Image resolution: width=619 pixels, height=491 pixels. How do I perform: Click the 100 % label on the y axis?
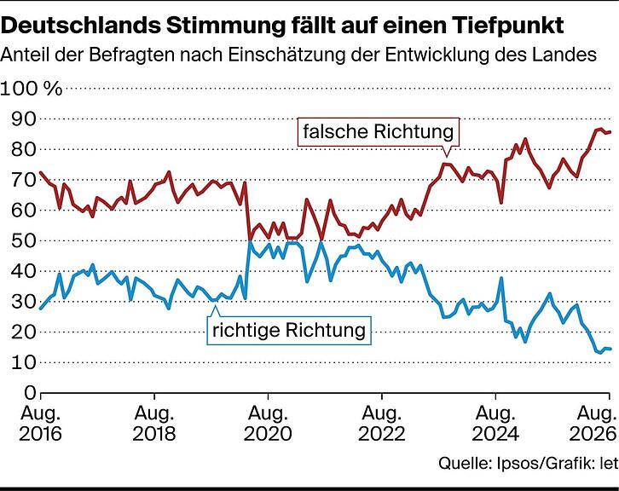[32, 89]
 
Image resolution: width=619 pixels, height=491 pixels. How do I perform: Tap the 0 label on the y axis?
[30, 392]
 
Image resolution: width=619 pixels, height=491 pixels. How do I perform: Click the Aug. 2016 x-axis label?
[41, 424]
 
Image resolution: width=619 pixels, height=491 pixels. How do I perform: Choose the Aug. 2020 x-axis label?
[268, 424]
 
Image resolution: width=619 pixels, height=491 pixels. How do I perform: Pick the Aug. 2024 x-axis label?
[495, 424]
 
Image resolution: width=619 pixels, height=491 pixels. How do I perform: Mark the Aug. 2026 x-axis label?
[593, 424]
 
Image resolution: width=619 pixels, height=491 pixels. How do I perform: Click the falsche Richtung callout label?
[379, 131]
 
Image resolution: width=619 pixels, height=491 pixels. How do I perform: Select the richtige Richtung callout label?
[289, 331]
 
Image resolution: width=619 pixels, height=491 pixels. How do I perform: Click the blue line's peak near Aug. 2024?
[501, 278]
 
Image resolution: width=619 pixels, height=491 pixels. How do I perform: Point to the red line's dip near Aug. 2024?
[501, 203]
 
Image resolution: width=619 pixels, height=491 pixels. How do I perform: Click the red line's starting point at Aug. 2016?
[41, 172]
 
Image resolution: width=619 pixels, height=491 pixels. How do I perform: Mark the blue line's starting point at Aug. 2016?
[41, 309]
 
